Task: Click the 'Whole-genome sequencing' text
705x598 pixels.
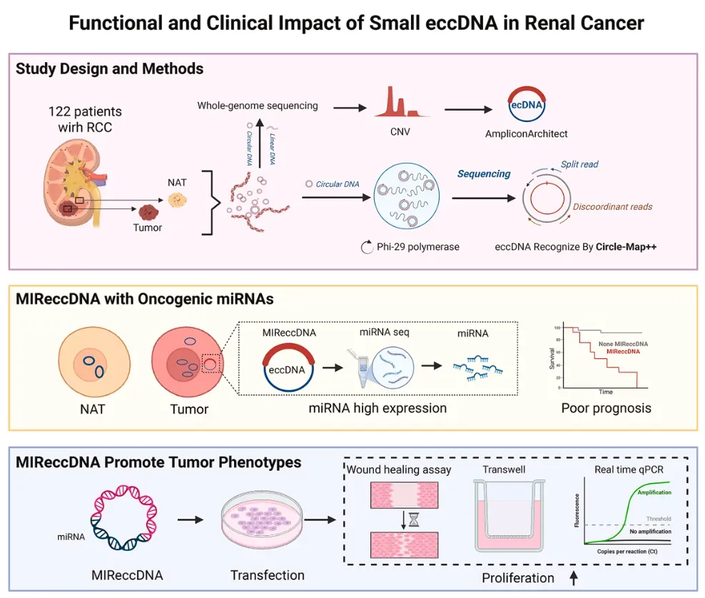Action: coord(258,106)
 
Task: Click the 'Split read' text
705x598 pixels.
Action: coord(579,163)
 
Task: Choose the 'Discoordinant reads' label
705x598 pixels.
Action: coord(612,207)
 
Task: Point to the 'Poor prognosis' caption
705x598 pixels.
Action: coord(606,408)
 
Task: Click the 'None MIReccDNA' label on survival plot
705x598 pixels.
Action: coord(623,343)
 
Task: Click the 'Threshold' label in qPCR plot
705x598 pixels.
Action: coord(659,519)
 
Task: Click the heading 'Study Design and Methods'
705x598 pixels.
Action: coord(109,69)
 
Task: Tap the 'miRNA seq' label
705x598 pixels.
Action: coord(384,333)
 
